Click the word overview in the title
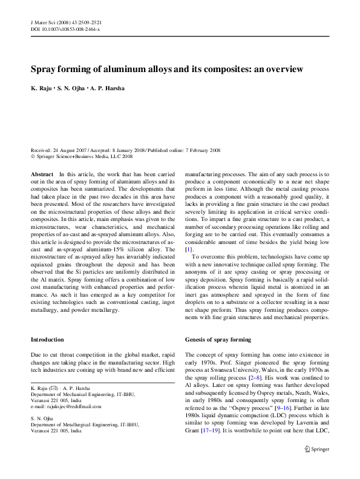pos(284,69)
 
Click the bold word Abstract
pos(42,174)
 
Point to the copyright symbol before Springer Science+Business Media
pos(33,156)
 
